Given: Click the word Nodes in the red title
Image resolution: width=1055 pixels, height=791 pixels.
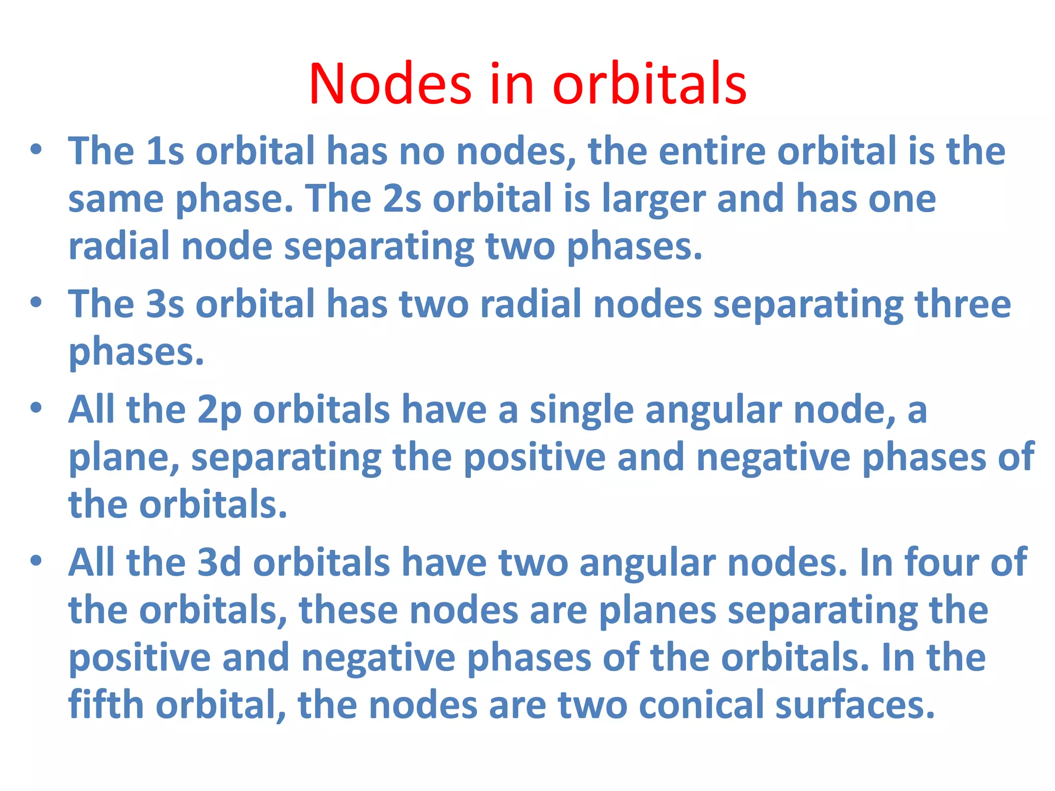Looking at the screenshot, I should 390,84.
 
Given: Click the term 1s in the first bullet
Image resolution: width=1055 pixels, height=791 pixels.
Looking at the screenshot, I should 165,151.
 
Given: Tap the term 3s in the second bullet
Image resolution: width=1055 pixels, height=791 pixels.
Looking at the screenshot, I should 165,304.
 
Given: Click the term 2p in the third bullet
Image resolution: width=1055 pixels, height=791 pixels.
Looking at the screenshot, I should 219,411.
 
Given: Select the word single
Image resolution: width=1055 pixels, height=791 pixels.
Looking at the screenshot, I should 582,411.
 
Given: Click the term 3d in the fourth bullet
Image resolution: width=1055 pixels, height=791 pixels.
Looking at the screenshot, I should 219,562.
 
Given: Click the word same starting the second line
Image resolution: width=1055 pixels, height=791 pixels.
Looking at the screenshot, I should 116,199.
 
